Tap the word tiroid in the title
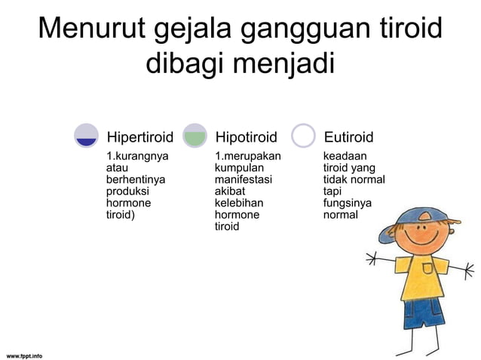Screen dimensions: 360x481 [x=404, y=29]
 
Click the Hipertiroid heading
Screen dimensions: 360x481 [x=139, y=137]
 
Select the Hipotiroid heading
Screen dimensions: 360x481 [x=246, y=137]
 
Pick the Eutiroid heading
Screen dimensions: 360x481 [x=348, y=137]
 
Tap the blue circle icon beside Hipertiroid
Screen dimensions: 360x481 [x=87, y=136]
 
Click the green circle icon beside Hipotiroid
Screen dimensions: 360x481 [x=195, y=136]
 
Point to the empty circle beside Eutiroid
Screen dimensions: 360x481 [x=303, y=136]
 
